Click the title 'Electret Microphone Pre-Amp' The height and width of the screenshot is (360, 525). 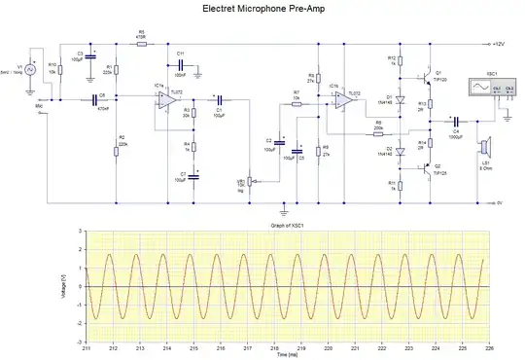[x=262, y=9]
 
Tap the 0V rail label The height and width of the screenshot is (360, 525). [x=497, y=202]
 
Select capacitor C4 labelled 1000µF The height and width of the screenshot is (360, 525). [x=455, y=122]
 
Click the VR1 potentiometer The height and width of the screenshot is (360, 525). [x=250, y=181]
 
